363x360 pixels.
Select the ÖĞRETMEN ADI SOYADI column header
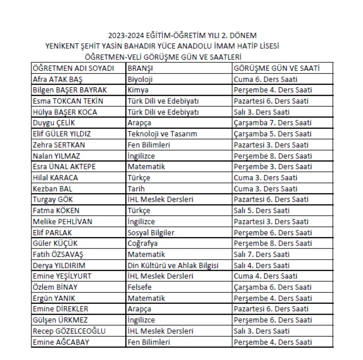(x=74, y=69)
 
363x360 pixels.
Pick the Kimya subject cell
(x=138, y=90)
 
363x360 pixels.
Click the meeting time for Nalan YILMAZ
(x=272, y=156)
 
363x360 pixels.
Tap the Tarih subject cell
(x=136, y=188)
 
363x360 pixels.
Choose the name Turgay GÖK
(x=52, y=199)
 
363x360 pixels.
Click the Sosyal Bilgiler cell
(x=151, y=232)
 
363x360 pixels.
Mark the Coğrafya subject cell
(x=143, y=243)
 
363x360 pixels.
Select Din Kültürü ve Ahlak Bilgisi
(x=173, y=265)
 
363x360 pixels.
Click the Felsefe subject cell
(x=140, y=287)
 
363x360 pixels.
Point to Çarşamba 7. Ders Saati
(x=272, y=123)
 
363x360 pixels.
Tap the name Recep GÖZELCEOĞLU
(x=69, y=331)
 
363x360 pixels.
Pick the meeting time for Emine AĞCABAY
(x=272, y=342)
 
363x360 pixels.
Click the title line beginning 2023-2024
(x=182, y=36)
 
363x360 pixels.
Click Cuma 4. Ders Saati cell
(x=265, y=276)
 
